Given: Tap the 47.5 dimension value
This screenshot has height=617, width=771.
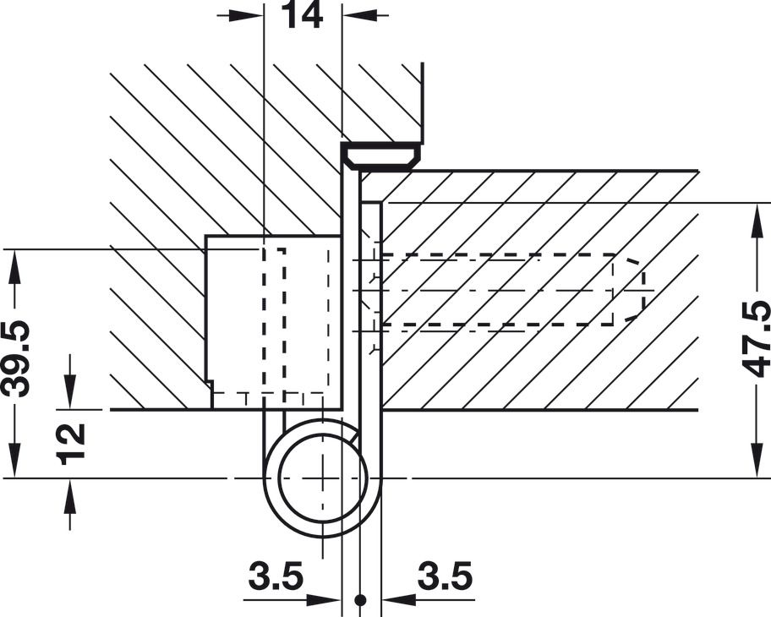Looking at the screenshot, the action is point(757,339).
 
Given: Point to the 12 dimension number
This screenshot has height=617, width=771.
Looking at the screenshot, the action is point(72,444).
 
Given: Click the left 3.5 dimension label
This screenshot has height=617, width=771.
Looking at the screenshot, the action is point(276,576).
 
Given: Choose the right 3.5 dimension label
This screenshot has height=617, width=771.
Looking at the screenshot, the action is point(445,576).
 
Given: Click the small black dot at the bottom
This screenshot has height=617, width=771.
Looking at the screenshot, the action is point(360,600).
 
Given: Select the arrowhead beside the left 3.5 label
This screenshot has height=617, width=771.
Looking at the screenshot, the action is point(324,600).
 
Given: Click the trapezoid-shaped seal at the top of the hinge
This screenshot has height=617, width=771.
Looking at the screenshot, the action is point(381,156).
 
